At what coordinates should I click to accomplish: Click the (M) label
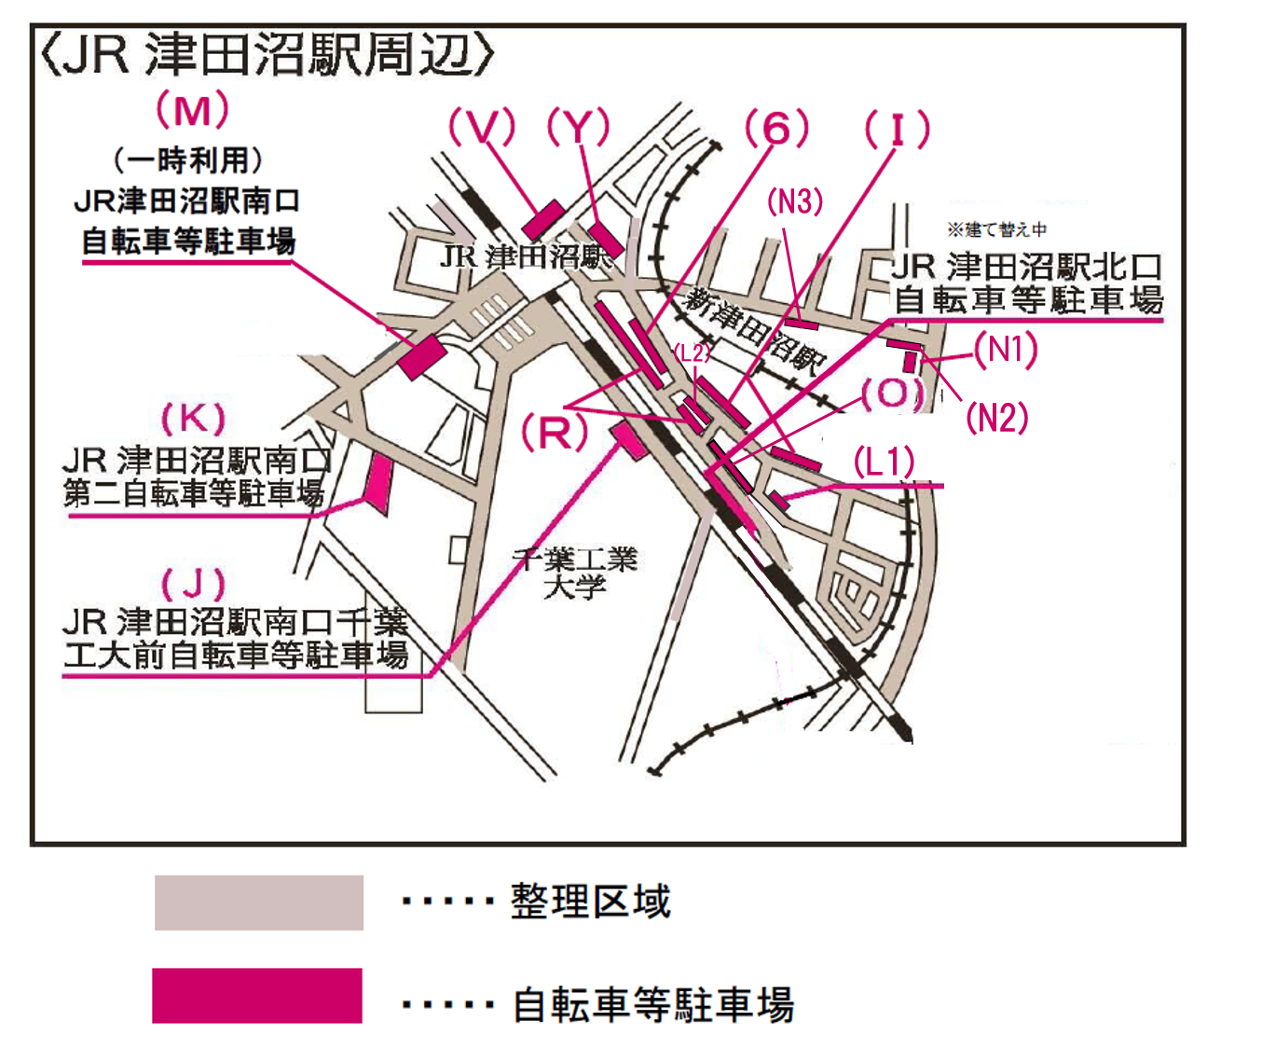(x=192, y=110)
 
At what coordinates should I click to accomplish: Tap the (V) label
(x=482, y=127)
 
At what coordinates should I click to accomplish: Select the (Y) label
(x=579, y=127)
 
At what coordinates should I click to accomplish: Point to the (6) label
(x=776, y=128)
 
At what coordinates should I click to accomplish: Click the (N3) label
(x=795, y=202)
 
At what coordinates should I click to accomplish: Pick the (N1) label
(x=1006, y=350)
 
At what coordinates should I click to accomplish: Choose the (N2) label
(x=997, y=418)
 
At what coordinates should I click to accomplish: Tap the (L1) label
(x=884, y=463)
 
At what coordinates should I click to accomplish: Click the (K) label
(x=194, y=419)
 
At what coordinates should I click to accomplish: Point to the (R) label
(x=555, y=434)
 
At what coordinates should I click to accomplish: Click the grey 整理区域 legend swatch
(x=259, y=902)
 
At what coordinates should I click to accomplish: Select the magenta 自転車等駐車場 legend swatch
(x=257, y=995)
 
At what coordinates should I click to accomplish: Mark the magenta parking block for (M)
(x=422, y=357)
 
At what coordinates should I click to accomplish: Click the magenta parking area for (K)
(x=379, y=485)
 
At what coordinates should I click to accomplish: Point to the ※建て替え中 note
(x=997, y=229)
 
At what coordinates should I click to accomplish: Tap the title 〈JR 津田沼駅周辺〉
(x=267, y=56)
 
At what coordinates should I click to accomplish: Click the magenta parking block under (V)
(x=543, y=219)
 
